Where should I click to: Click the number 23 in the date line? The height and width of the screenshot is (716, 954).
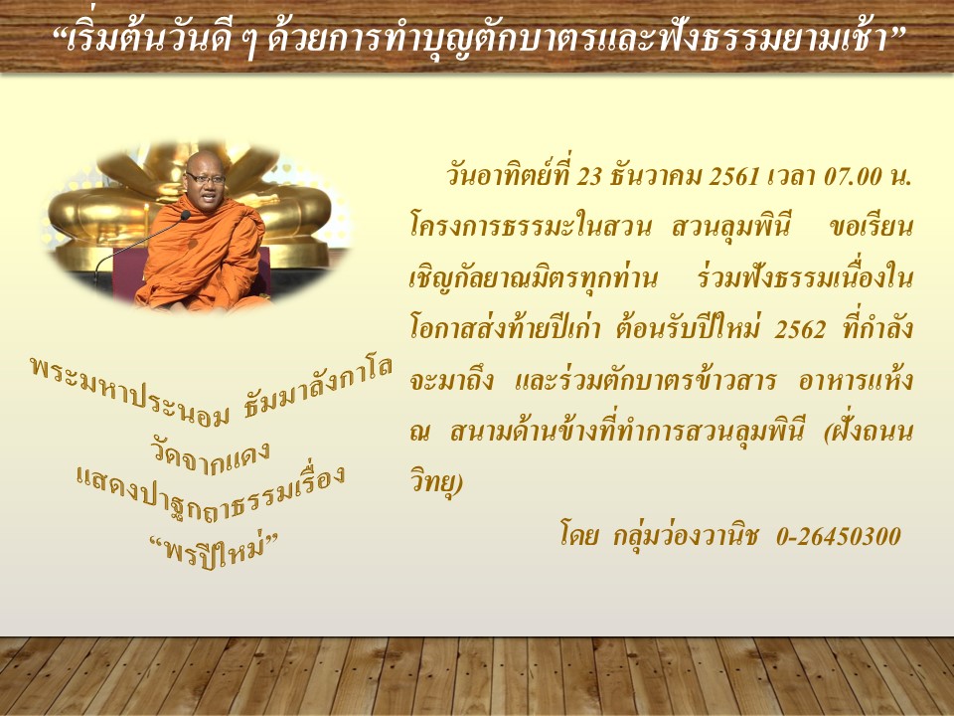click(x=588, y=177)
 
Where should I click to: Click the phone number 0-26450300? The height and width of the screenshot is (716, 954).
click(x=839, y=536)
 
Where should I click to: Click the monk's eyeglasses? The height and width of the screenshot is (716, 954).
click(x=206, y=178)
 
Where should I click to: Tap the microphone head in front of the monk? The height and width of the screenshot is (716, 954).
click(x=185, y=215)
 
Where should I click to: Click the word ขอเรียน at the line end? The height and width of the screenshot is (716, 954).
click(x=872, y=228)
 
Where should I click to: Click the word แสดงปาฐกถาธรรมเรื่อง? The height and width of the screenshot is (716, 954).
click(x=211, y=494)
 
